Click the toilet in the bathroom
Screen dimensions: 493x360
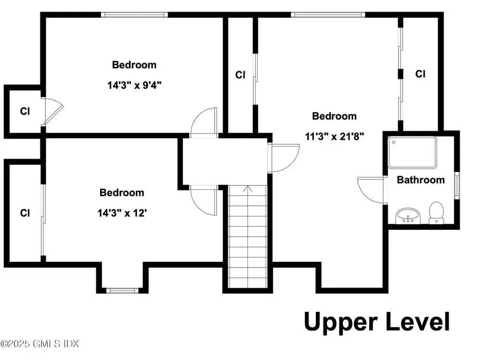coord(436,213)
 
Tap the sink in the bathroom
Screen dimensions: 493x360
coord(408,216)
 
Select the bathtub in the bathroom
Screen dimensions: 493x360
coord(412,152)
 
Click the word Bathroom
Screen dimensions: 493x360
coord(421,180)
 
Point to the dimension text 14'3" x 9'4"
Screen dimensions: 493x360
coord(134,85)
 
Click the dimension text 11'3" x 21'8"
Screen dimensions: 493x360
coord(335,136)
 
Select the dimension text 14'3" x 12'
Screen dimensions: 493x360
coord(122,213)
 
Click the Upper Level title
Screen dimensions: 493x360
coord(377,321)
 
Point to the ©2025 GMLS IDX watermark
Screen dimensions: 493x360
coord(39,344)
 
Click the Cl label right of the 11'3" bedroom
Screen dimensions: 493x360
coord(420,74)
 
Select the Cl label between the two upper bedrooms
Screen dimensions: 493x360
coord(240,75)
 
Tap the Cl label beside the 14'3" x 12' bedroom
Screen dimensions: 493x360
coord(25,213)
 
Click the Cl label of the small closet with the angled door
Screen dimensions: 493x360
coord(25,111)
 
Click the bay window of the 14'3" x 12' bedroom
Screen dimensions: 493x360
coord(122,291)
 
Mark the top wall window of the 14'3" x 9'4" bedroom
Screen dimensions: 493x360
coord(134,14)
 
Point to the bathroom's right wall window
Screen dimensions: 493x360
coord(457,186)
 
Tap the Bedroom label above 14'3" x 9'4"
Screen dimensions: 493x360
coord(134,65)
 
